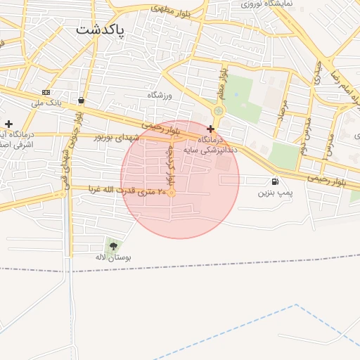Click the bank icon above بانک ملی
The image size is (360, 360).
(x=46, y=92)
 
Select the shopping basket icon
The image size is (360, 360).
(x=82, y=101)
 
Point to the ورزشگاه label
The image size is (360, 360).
(x=160, y=95)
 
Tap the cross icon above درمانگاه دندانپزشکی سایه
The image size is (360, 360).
(x=210, y=129)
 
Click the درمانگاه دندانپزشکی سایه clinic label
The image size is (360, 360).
(x=211, y=144)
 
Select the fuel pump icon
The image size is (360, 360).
(x=275, y=181)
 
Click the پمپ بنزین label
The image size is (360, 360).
(x=274, y=192)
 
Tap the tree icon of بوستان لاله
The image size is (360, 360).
(x=113, y=246)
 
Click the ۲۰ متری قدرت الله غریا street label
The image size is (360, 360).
(x=131, y=191)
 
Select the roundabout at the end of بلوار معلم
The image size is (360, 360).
(x=219, y=110)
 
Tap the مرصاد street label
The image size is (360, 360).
(x=284, y=109)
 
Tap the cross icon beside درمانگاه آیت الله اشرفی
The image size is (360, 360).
(x=8, y=124)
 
